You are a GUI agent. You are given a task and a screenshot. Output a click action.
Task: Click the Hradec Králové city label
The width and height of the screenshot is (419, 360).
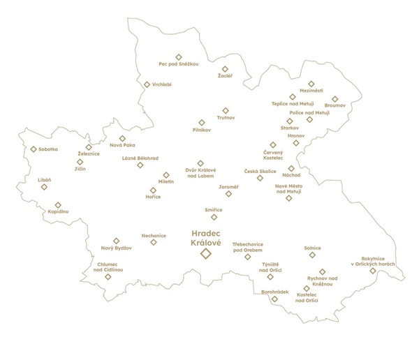[x=205, y=237]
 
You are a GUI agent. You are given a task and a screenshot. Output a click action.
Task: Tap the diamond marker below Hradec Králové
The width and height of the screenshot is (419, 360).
[x=205, y=254]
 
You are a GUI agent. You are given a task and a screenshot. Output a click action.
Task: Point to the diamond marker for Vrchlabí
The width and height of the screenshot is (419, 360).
[x=147, y=84]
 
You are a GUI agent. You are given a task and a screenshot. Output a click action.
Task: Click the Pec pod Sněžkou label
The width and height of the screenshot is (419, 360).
[x=179, y=63]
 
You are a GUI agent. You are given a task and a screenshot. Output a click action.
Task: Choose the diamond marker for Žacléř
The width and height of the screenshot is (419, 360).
[x=225, y=69]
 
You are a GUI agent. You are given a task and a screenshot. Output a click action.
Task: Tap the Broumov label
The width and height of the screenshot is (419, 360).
[x=335, y=107]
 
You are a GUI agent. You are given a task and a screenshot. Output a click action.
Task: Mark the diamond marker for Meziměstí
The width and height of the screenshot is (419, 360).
[x=311, y=84]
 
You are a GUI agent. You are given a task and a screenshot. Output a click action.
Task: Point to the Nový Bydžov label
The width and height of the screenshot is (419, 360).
[x=117, y=248]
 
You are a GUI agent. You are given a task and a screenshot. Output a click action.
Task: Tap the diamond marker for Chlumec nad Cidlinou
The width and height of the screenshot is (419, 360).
[x=108, y=276]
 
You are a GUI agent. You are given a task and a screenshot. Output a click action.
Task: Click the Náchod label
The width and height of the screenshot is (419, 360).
[x=291, y=176]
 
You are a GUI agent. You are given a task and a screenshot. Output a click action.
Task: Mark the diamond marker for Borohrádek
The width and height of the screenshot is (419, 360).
[x=274, y=299]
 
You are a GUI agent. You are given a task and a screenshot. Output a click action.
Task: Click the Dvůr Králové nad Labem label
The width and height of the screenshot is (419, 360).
[x=200, y=173]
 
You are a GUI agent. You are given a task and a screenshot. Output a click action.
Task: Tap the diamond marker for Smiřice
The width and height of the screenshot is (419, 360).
[x=214, y=217]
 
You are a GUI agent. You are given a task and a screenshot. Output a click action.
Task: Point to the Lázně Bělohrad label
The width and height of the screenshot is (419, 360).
[x=140, y=158]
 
